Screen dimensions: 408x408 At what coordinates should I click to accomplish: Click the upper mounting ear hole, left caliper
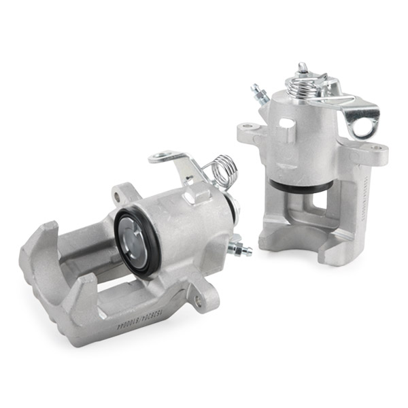120,197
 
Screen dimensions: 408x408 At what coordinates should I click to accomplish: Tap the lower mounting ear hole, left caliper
198,300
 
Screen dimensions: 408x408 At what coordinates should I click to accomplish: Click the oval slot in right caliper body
287,125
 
